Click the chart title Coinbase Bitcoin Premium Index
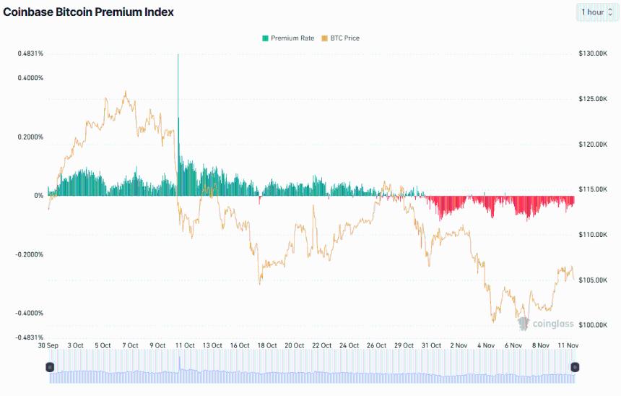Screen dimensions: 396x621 89,12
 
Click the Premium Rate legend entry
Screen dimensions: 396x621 288,38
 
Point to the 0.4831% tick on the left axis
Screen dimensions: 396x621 30,53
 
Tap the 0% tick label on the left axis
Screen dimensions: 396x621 38,196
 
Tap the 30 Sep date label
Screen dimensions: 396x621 48,345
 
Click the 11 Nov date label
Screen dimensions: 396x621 570,345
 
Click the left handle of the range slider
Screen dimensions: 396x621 49,367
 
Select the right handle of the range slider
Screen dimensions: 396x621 575,367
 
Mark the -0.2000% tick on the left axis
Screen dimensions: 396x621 30,254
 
